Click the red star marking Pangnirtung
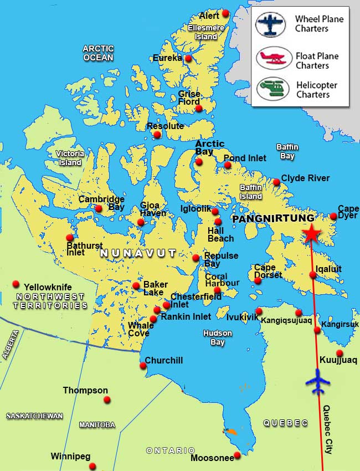click(311, 234)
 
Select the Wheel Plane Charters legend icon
click(270, 24)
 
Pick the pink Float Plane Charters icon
click(270, 58)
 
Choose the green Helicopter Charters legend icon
click(270, 89)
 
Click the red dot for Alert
click(225, 13)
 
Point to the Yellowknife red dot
click(16, 284)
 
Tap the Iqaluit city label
click(328, 269)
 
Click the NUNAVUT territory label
click(138, 253)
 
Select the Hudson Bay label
click(218, 337)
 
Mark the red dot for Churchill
click(143, 365)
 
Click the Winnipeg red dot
click(92, 466)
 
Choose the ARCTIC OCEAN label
click(98, 53)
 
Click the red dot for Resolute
click(157, 135)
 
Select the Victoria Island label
click(70, 158)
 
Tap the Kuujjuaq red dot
click(340, 353)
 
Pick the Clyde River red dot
click(276, 182)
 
